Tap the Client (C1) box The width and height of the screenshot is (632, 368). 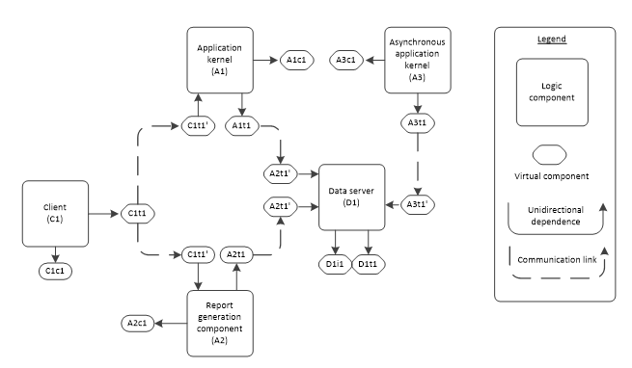click(55, 213)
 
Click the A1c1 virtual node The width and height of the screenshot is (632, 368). click(296, 60)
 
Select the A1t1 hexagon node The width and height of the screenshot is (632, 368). click(241, 124)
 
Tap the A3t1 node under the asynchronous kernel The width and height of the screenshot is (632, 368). click(418, 124)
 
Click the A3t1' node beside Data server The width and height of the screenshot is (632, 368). click(418, 205)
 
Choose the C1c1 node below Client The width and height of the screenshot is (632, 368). click(56, 273)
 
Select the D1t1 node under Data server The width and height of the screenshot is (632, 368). click(368, 264)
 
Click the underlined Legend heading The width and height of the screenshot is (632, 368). click(551, 40)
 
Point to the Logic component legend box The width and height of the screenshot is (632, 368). click(551, 92)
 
